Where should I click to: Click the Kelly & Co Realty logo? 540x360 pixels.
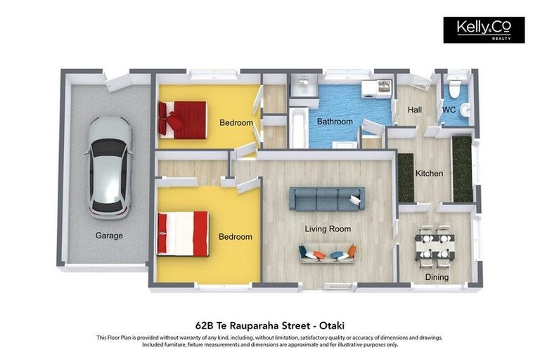coord(484,30)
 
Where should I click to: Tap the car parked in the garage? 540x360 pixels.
coord(110,168)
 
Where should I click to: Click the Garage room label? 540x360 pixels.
coord(109,236)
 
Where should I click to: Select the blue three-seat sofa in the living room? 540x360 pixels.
coord(327,199)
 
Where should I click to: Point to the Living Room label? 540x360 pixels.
coord(328,229)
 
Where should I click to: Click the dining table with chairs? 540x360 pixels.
coord(435,247)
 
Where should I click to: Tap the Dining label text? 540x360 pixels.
coord(437,277)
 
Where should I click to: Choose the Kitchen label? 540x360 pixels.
coord(429,173)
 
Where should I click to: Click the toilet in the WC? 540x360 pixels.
coord(455,86)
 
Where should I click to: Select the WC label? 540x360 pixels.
coord(449,110)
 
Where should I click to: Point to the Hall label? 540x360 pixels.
coord(415,110)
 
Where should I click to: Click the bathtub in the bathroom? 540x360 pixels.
coord(299,127)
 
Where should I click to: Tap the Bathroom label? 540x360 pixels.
coord(335,122)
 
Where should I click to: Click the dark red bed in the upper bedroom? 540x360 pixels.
coord(183,120)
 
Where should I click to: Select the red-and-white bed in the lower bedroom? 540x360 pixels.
coord(183,233)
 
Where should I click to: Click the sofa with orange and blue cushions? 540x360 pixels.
coord(328,253)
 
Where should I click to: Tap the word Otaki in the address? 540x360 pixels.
coord(332,326)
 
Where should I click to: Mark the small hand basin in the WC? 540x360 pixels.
coord(465,110)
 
